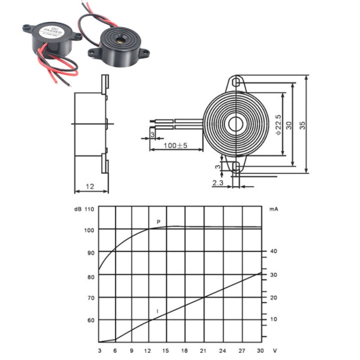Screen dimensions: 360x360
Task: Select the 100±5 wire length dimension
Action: pyautogui.click(x=175, y=145)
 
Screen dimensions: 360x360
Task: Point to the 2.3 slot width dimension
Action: pyautogui.click(x=217, y=183)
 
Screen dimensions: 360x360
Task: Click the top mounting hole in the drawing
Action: pyautogui.click(x=235, y=83)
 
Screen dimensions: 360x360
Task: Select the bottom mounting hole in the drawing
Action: pyautogui.click(x=235, y=167)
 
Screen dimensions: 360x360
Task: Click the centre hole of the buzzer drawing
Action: pyautogui.click(x=235, y=124)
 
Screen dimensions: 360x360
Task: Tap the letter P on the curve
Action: pyautogui.click(x=158, y=221)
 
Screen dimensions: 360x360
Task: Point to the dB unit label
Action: pyautogui.click(x=77, y=209)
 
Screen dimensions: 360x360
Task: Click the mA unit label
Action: pyautogui.click(x=274, y=209)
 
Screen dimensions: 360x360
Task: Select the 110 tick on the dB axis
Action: pyautogui.click(x=89, y=209)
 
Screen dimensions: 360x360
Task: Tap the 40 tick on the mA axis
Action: pyautogui.click(x=274, y=251)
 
